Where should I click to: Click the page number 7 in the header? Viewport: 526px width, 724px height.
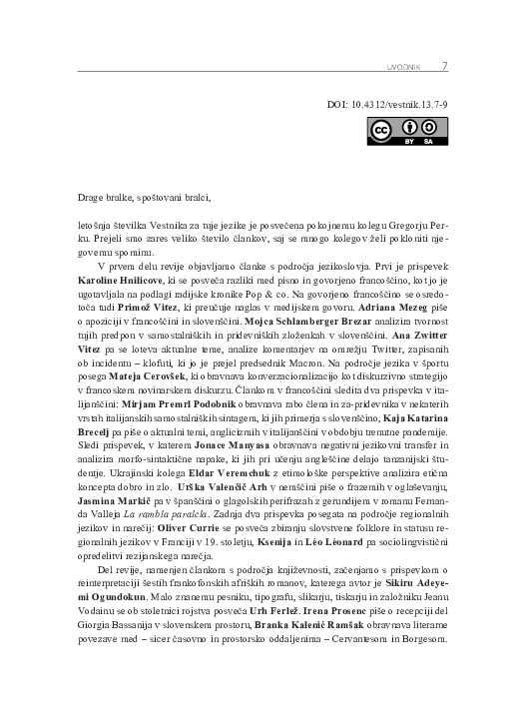tap(444, 67)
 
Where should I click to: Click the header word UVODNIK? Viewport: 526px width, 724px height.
tap(402, 68)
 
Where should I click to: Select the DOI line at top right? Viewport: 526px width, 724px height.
tap(390, 103)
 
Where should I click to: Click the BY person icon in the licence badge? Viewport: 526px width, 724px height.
tap(409, 129)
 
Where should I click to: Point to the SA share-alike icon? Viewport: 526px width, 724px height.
tap(428, 129)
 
